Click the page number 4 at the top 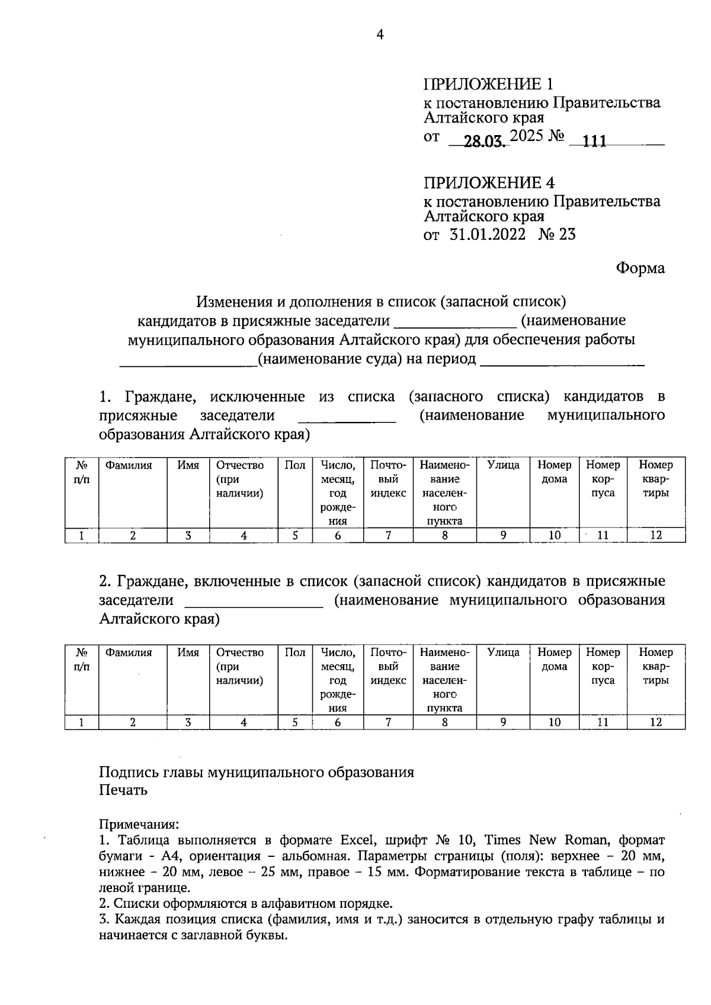click(380, 35)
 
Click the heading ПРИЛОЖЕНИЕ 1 click(491, 84)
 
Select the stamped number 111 click(594, 142)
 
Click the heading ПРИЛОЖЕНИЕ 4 click(492, 183)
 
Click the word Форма click(640, 268)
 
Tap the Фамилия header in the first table click(129, 466)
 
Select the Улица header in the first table click(503, 466)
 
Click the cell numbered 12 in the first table click(655, 536)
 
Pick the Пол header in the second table click(294, 653)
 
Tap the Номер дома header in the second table click(554, 660)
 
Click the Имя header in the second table click(188, 653)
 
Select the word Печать click(123, 790)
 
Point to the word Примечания click(138, 824)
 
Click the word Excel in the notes click(357, 840)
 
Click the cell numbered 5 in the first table click(294, 536)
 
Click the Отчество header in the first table click(240, 466)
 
